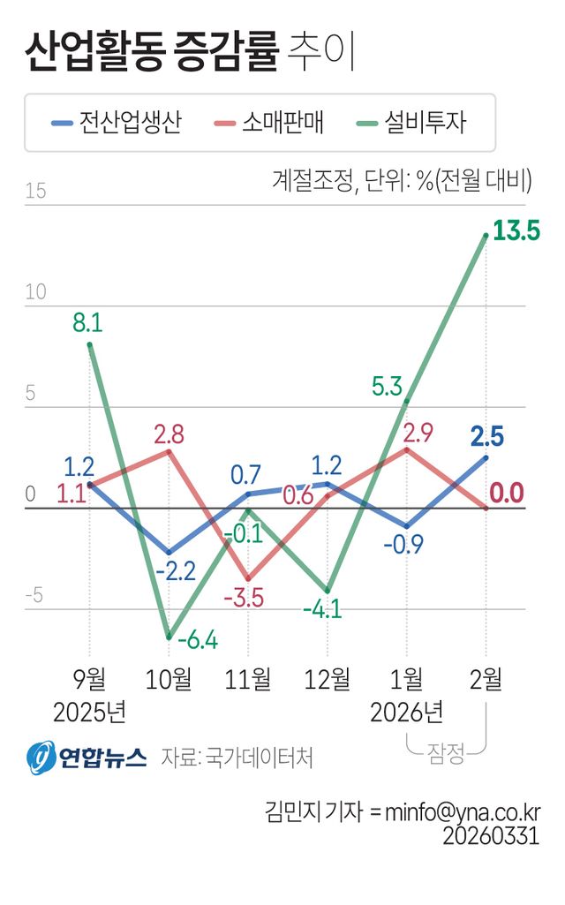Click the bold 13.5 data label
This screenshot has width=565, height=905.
point(516,232)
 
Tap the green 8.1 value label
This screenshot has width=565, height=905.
point(88,324)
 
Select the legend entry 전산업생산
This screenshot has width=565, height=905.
point(117,123)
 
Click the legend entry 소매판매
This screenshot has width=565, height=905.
point(269,123)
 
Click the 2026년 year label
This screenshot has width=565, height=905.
point(407,712)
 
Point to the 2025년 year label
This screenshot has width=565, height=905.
point(89,712)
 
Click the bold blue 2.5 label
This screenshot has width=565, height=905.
point(488,436)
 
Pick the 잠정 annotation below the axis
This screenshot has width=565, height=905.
point(447,752)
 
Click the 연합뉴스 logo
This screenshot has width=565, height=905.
point(86,757)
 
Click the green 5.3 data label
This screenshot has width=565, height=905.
point(388,386)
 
